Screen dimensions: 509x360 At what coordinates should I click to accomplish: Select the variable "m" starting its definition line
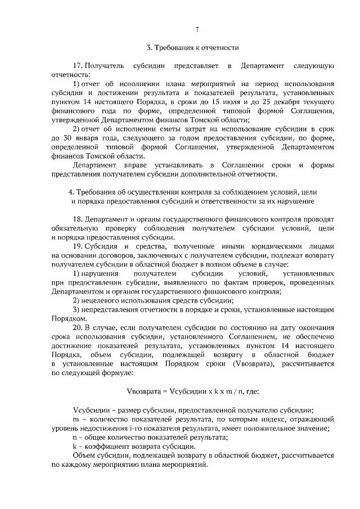76,419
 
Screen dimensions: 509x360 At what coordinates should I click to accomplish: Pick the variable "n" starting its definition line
75,437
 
